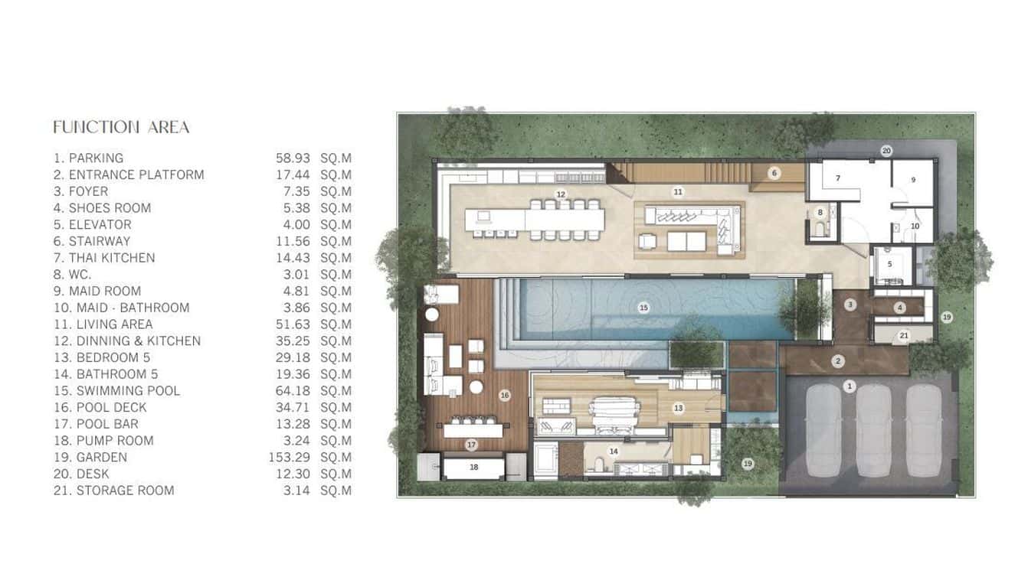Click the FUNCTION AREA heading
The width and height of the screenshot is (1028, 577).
[121, 127]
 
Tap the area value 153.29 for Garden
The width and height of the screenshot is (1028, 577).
[293, 457]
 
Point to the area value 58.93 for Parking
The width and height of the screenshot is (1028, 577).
[293, 158]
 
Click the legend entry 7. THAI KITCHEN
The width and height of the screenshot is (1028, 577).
[104, 258]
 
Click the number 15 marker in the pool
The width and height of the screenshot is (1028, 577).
[643, 308]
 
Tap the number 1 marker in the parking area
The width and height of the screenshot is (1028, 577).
[849, 386]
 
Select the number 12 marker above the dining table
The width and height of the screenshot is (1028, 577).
[561, 194]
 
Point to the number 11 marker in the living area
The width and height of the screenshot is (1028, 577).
[678, 191]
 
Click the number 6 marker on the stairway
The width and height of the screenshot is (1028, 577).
[774, 174]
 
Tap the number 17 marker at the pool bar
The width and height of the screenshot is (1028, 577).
[472, 445]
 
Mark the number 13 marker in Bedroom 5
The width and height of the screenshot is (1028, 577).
[678, 409]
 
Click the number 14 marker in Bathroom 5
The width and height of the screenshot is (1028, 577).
[614, 451]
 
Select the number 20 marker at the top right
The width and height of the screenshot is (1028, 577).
[886, 151]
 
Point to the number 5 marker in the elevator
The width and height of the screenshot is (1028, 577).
[890, 264]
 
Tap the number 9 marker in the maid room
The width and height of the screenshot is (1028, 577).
[913, 179]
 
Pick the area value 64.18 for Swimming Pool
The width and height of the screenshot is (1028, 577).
[293, 390]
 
